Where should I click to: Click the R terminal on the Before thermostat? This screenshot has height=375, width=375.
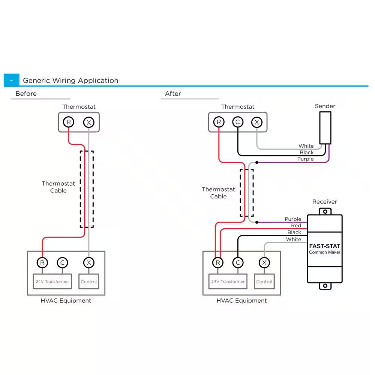[68, 122]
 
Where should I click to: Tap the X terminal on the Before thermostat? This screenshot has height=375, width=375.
[88, 122]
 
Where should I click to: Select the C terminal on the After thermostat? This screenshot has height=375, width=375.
[237, 122]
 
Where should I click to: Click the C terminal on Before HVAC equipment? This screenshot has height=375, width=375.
[62, 262]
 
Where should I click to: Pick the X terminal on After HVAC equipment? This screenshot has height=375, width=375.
[264, 262]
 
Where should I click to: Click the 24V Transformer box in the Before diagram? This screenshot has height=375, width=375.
[52, 281]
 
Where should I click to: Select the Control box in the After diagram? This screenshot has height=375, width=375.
[264, 281]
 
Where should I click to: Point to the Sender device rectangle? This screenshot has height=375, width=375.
[325, 127]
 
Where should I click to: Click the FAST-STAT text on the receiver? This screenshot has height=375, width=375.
[324, 246]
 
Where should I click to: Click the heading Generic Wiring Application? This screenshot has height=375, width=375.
[70, 80]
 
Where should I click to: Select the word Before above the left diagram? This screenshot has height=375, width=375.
[26, 94]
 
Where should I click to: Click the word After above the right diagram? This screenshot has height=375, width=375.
[173, 94]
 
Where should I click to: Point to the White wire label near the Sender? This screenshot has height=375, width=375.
[306, 146]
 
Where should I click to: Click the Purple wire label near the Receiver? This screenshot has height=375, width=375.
[293, 219]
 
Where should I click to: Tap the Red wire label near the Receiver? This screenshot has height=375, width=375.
[296, 225]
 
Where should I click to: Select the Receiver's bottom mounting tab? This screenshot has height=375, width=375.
[325, 286]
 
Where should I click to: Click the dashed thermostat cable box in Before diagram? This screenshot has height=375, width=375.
[87, 189]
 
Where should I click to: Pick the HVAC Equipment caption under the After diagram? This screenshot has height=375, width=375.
[241, 301]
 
